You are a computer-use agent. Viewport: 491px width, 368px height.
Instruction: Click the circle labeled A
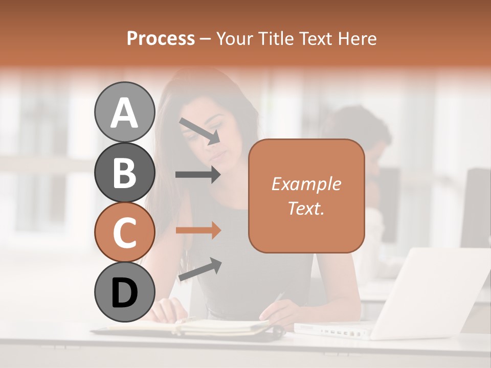(x=124, y=112)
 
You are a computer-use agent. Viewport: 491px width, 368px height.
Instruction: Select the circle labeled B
(x=124, y=172)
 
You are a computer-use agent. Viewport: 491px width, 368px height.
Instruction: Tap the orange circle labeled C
(x=124, y=233)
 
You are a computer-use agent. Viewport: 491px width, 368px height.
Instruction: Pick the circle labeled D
(x=124, y=292)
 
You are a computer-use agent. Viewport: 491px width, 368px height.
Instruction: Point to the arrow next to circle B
(x=198, y=175)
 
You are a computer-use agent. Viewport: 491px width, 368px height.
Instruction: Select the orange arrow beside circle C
(x=198, y=231)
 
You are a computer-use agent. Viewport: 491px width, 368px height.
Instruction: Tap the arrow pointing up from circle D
(x=199, y=269)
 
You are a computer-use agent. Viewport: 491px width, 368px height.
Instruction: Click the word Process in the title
(x=161, y=39)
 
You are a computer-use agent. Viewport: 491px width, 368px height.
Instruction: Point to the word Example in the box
(x=306, y=184)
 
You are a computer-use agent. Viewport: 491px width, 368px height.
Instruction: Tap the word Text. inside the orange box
(x=306, y=208)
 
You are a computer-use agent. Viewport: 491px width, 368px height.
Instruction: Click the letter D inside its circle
(x=124, y=293)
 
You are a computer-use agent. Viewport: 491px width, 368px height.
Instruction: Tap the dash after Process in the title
(x=206, y=39)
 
